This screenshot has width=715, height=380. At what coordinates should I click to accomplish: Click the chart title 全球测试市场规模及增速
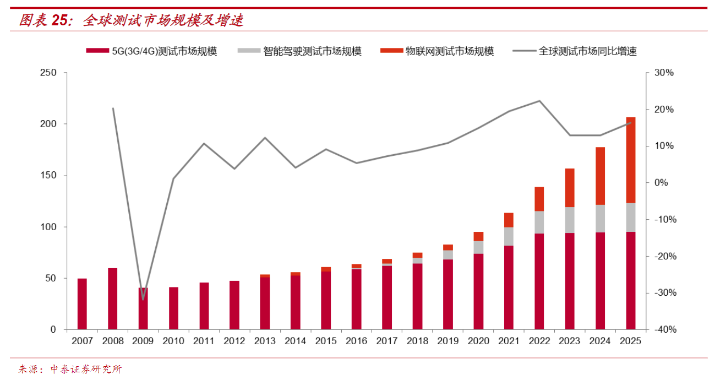[x=163, y=21]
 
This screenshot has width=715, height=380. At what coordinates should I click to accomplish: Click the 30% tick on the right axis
[x=663, y=73]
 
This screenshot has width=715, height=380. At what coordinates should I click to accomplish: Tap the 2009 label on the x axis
[x=143, y=341]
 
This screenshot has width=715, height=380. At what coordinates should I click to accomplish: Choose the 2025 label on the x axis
[x=630, y=341]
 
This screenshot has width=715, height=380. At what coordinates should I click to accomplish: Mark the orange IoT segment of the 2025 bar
[x=630, y=160]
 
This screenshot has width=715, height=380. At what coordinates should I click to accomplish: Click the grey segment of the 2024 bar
[x=600, y=218]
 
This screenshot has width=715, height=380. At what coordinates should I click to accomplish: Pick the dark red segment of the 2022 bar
[x=539, y=281]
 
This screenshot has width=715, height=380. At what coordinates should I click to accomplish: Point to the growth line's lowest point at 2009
[x=143, y=300]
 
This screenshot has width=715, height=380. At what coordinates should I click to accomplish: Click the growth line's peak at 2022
[x=539, y=101]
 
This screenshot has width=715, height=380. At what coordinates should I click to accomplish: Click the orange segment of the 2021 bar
[x=509, y=220]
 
